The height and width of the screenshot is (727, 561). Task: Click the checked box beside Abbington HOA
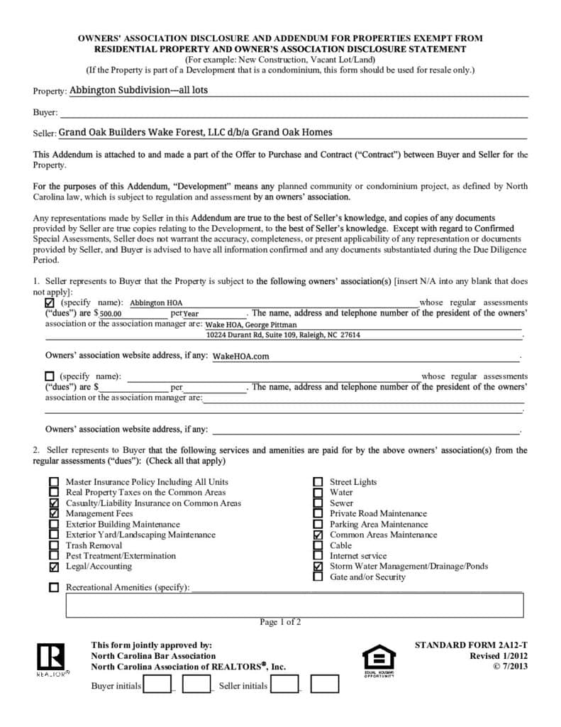[x=50, y=302]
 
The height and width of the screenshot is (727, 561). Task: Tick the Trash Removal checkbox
[x=54, y=545]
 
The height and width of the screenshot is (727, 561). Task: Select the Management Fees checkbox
[x=54, y=513]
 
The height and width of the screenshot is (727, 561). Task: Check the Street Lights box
[x=318, y=482]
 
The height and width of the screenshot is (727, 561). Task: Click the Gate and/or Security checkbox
[x=318, y=577]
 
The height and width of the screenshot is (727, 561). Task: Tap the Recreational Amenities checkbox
[x=54, y=588]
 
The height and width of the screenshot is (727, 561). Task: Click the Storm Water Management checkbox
[x=318, y=567]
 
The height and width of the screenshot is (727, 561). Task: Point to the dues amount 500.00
[x=111, y=313]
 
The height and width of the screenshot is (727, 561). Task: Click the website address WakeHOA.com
[x=240, y=356]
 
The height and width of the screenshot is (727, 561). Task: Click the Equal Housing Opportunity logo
[x=378, y=660]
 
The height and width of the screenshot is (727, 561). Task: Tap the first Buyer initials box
[x=157, y=684]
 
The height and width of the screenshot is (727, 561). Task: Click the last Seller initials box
[x=324, y=684]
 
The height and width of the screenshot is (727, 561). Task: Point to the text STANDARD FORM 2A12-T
[x=471, y=645]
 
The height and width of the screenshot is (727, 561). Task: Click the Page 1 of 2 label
[x=280, y=623]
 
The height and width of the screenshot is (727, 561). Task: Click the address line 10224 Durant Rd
[x=283, y=334]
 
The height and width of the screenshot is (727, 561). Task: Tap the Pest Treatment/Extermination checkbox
[x=54, y=556]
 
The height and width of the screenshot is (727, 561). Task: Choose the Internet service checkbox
[x=318, y=556]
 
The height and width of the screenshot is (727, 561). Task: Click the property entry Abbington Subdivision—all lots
[x=138, y=91]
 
